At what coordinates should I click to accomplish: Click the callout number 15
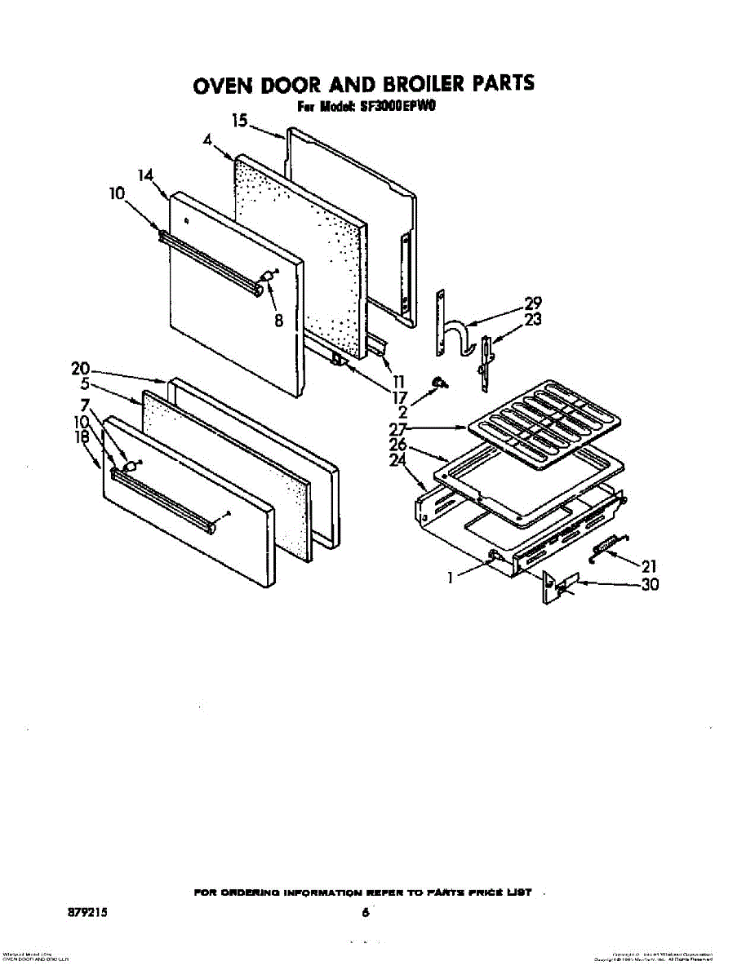pos(239,122)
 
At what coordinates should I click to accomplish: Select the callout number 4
pos(207,140)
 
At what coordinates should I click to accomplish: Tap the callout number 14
pos(145,175)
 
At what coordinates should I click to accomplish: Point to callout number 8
pos(278,321)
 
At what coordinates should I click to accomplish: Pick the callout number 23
pos(533,320)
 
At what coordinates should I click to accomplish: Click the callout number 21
pos(649,565)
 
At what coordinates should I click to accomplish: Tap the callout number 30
pos(651,584)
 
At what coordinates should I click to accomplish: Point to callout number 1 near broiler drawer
pos(450,577)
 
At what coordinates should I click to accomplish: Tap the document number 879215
pos(88,913)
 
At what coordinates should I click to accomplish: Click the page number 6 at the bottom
pos(366,913)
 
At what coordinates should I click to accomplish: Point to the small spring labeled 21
pos(608,547)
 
